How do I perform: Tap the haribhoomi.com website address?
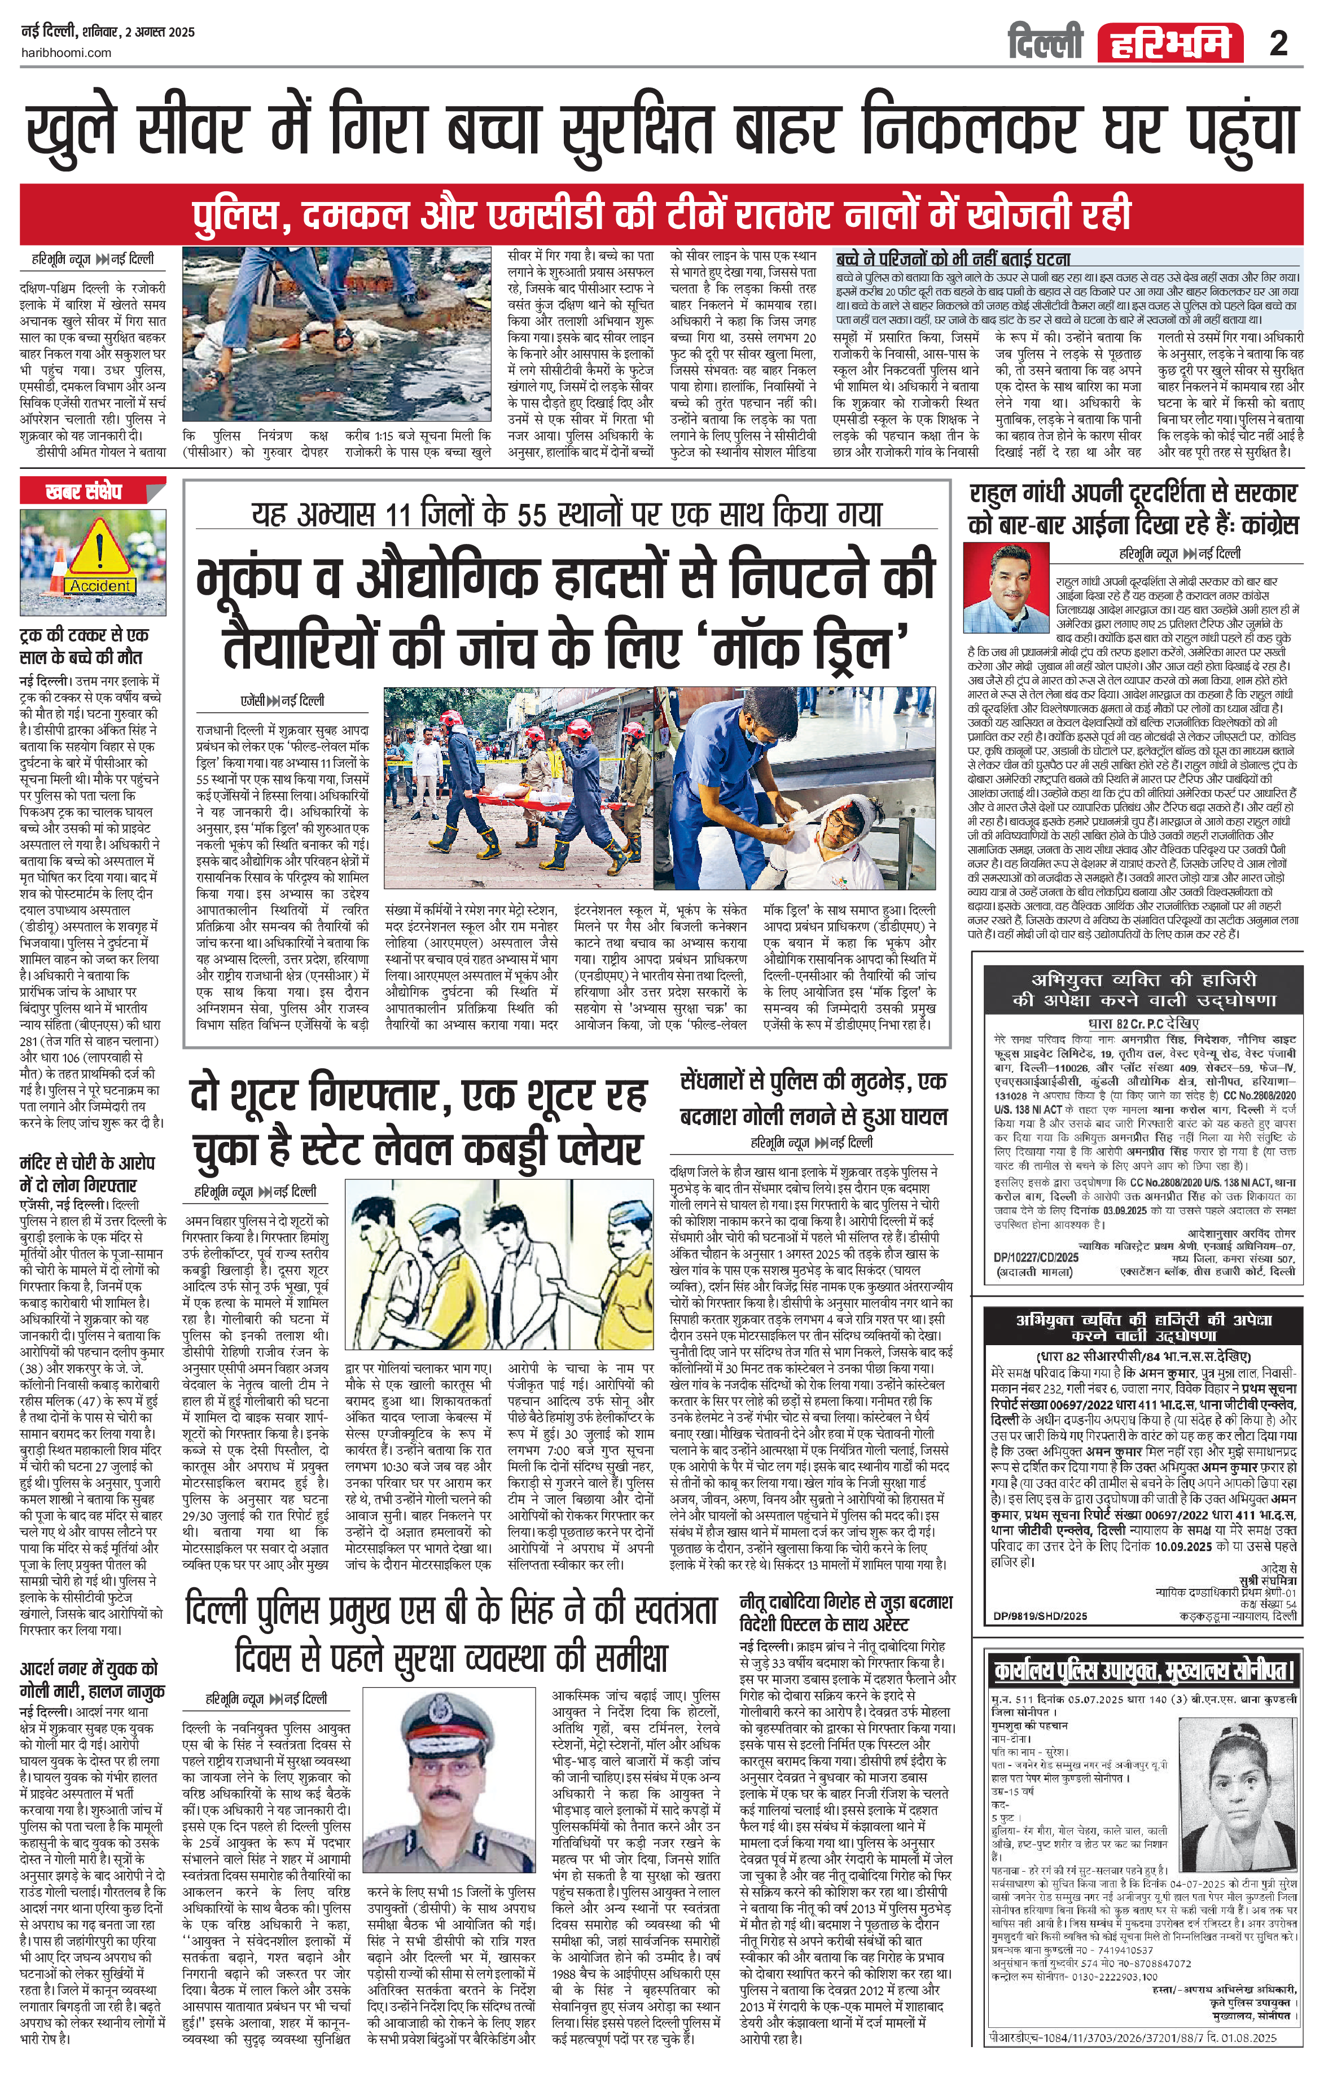pyautogui.click(x=66, y=52)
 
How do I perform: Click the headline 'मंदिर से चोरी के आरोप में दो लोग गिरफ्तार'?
pyautogui.click(x=87, y=1173)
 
